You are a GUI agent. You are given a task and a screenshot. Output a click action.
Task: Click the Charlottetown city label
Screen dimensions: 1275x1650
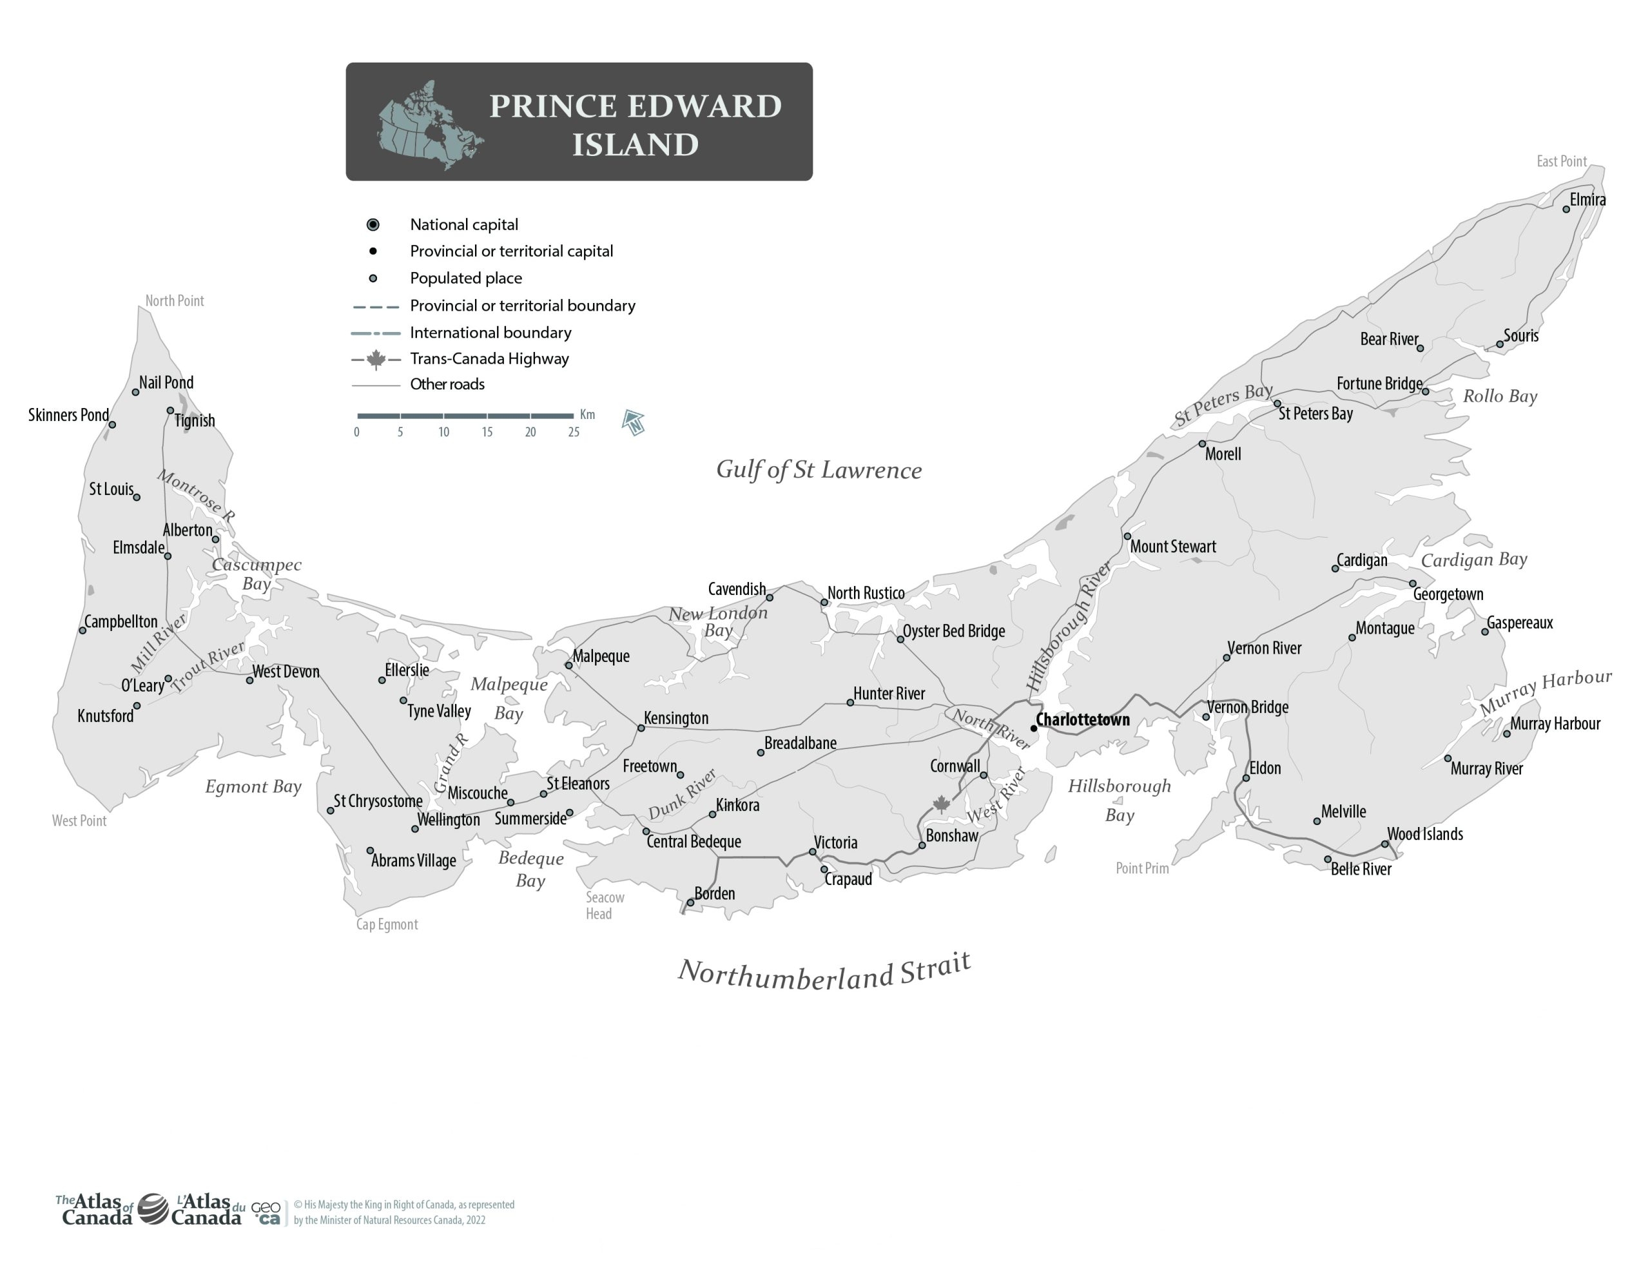coord(1082,719)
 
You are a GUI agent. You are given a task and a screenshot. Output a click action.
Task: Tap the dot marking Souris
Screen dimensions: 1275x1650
coord(1500,345)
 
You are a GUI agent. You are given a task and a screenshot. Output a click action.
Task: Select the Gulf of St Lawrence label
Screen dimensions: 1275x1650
coord(819,469)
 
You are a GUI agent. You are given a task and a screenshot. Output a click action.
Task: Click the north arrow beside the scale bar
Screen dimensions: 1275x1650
coord(633,422)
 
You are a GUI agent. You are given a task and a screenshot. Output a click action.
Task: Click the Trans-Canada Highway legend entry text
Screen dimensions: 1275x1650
coord(489,359)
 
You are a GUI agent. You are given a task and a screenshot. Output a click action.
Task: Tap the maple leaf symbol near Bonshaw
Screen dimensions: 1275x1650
coord(942,804)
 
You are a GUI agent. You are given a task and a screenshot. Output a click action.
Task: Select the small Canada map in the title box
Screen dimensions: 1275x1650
coord(429,124)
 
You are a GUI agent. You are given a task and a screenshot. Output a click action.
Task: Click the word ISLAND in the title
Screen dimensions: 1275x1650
coord(635,145)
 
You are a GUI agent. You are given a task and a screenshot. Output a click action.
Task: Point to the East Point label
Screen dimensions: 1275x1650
coord(1561,161)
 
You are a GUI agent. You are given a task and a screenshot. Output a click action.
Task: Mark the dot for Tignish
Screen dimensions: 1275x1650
coord(170,411)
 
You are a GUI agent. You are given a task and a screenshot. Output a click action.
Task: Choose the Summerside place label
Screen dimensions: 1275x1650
coord(530,819)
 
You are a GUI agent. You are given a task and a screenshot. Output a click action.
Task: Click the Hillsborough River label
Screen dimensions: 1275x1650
coord(1068,626)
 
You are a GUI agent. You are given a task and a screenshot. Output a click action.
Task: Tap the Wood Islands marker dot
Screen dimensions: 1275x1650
coord(1385,844)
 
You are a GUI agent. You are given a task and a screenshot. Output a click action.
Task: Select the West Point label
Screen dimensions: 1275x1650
coord(79,821)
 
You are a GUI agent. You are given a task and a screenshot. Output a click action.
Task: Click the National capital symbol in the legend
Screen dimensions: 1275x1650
coord(373,224)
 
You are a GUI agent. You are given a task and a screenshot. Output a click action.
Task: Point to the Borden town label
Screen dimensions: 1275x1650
coord(714,893)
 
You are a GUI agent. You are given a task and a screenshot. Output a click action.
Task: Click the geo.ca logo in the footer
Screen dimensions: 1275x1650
coord(266,1213)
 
